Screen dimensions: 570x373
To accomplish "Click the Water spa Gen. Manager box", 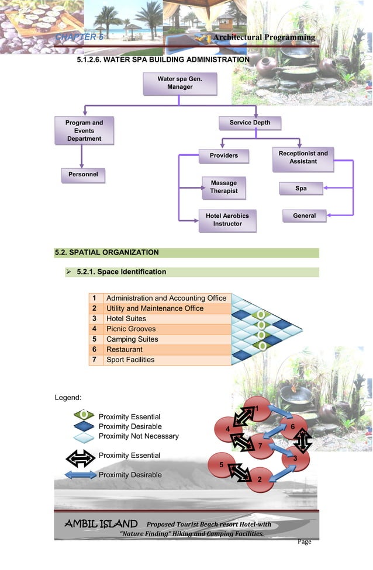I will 179,83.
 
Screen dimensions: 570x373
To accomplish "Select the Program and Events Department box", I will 84,131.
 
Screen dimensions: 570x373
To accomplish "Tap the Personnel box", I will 82,175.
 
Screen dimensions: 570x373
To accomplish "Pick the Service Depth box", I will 250,123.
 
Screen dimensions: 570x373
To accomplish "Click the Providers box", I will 224,156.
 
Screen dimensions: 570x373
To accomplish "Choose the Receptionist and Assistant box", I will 303,158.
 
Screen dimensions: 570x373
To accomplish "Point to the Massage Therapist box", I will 224,187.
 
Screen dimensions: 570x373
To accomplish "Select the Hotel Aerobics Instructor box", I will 227,220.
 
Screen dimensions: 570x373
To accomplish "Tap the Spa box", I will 301,189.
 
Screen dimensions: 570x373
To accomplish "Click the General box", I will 304,216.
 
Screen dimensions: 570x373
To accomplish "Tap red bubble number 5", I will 222,464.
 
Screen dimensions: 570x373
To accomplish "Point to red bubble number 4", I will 227,429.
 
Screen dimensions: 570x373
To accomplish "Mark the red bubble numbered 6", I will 292,427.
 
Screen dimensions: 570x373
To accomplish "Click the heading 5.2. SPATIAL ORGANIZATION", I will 106,253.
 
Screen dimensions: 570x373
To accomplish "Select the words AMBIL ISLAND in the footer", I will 101,524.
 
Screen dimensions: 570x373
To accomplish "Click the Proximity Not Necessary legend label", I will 139,436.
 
